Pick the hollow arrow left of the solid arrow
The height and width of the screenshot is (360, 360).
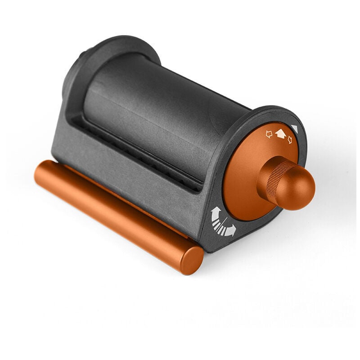click(269, 134)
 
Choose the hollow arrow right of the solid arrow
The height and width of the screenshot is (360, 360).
click(289, 140)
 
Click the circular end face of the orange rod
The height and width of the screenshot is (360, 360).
click(192, 261)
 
